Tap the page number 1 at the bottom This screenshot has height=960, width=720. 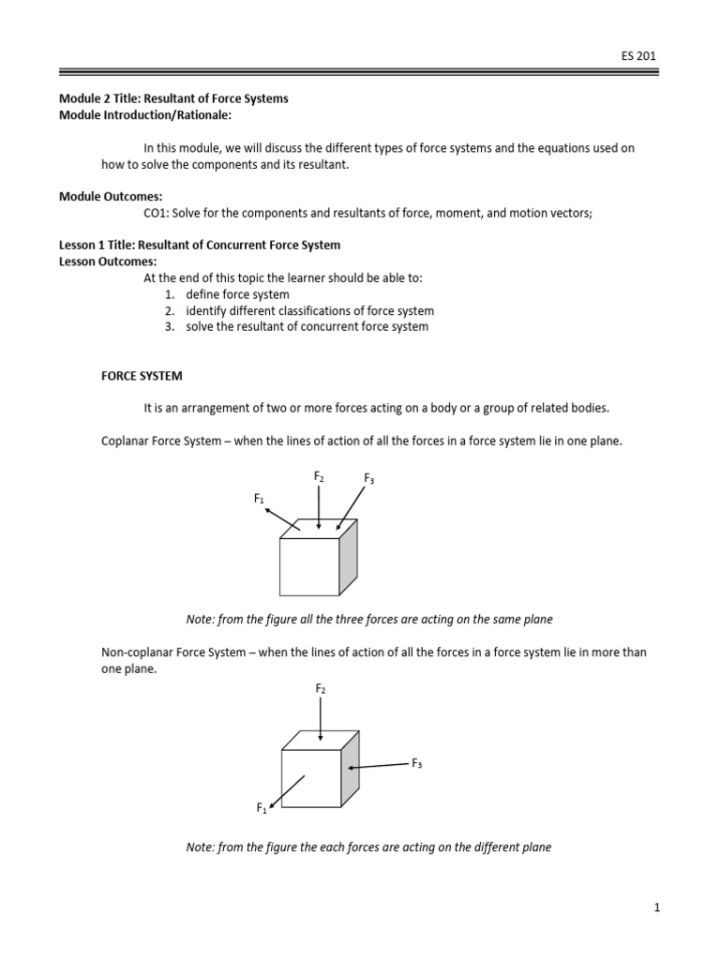(657, 907)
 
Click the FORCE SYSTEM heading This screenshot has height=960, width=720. (142, 376)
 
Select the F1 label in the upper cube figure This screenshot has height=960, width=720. (259, 500)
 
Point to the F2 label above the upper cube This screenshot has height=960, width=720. (319, 477)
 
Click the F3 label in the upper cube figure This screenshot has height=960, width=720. (369, 480)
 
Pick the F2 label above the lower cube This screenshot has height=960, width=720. (320, 689)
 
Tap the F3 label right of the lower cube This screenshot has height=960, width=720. (417, 764)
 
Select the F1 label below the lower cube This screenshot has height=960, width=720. (262, 807)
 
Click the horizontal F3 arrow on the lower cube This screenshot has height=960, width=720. (379, 766)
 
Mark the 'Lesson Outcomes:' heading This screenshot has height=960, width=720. (109, 262)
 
